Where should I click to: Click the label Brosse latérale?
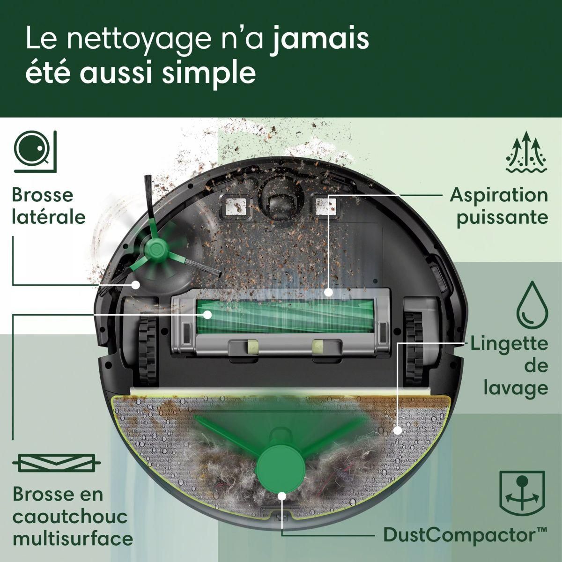coord(49,206)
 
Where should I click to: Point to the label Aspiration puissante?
coord(499,206)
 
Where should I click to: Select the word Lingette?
coord(509,344)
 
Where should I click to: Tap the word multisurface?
coord(73,538)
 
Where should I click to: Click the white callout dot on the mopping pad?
coord(398,429)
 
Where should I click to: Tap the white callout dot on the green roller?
coord(207,315)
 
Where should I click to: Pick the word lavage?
coord(522,388)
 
